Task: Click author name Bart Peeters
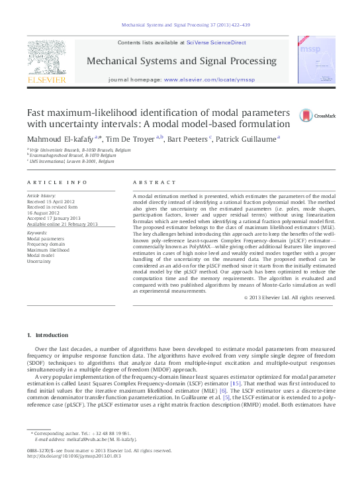point(187,138)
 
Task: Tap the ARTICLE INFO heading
point(57,182)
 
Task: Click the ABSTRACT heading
point(155,182)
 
